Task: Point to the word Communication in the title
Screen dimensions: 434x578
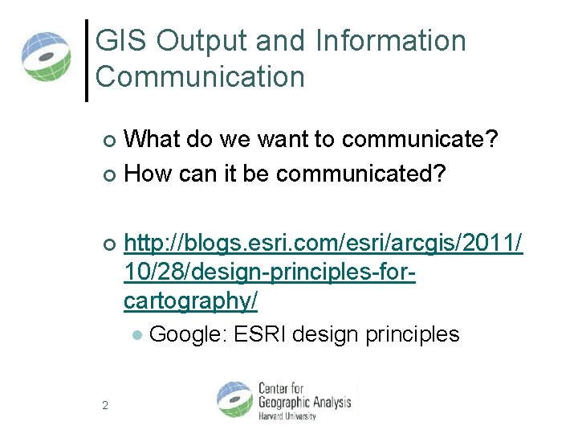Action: pyautogui.click(x=200, y=77)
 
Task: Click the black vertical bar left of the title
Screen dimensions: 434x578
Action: pyautogui.click(x=87, y=60)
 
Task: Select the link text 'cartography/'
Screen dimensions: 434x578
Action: pyautogui.click(x=191, y=300)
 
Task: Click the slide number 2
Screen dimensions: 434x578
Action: pyautogui.click(x=105, y=405)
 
